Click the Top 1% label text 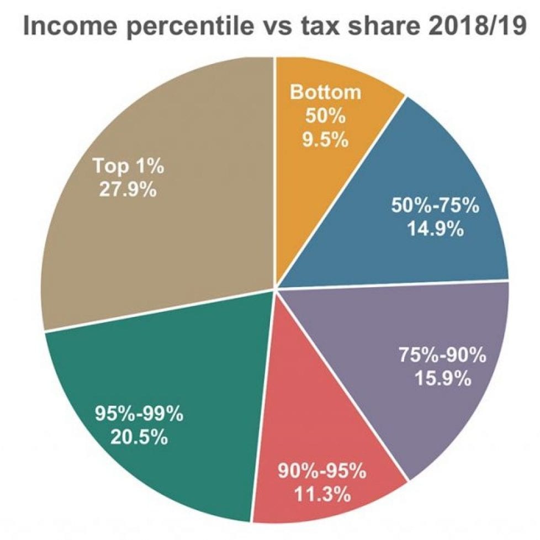coord(128,166)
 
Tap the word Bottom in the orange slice coord(325,92)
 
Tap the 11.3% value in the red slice coord(321,494)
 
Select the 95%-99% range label coord(139,414)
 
